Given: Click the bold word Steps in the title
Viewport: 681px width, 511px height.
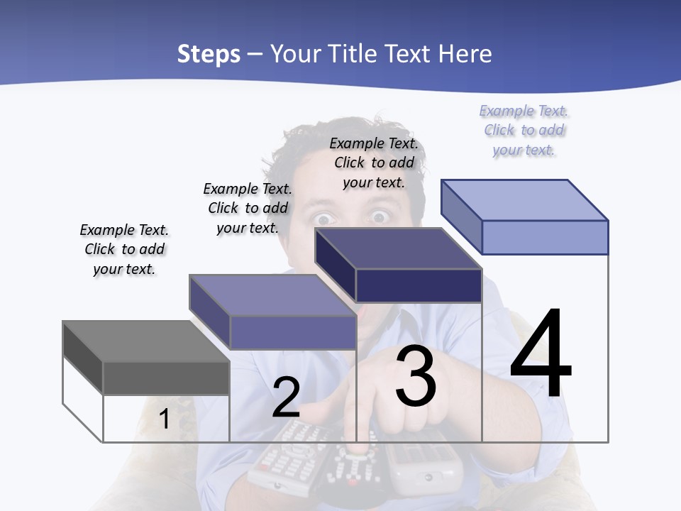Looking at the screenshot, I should pos(209,54).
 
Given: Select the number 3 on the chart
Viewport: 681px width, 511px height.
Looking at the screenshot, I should pos(416,376).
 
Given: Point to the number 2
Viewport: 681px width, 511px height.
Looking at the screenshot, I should pos(286,397).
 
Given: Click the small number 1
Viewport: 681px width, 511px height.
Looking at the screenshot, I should pos(164,419).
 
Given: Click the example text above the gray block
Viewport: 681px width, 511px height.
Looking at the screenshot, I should pos(124,249).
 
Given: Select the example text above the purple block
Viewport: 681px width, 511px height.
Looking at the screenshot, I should pos(248,208).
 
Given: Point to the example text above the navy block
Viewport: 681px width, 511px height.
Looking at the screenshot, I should pos(374,163).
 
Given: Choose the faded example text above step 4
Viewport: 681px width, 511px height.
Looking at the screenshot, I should pos(524,130).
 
